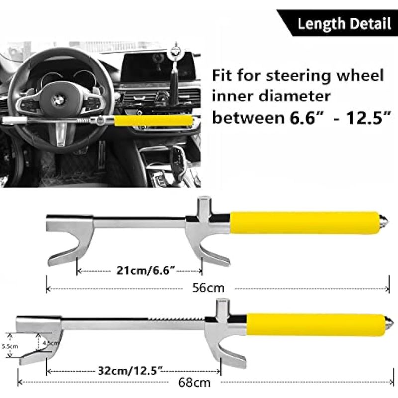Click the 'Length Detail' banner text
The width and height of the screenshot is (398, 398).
[344, 24]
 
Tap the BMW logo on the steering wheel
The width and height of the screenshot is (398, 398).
[59, 101]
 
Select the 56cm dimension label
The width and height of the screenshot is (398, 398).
[208, 288]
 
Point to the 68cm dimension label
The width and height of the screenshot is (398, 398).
[195, 382]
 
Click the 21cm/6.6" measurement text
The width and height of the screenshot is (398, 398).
[146, 271]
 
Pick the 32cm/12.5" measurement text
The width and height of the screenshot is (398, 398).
[130, 371]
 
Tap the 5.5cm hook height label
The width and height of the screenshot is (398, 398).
[10, 346]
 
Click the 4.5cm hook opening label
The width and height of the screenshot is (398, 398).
[51, 343]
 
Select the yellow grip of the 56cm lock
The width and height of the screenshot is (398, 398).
[304, 223]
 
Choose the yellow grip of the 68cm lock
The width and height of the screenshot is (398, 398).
[315, 325]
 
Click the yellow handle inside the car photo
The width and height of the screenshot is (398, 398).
[153, 120]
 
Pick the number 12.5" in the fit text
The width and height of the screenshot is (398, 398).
[368, 118]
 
